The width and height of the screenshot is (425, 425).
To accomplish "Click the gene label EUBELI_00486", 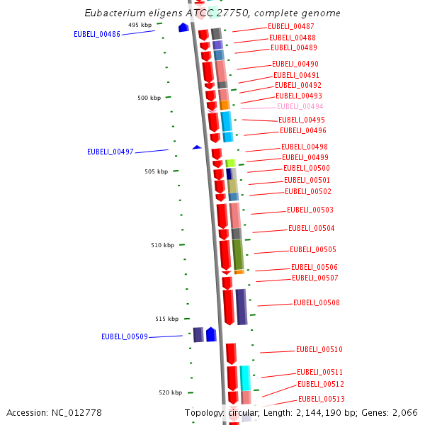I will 97,34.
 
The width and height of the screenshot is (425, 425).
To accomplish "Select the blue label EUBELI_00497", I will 110,152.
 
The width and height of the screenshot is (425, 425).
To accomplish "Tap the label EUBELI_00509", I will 124,336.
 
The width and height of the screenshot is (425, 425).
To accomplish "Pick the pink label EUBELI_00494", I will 300,107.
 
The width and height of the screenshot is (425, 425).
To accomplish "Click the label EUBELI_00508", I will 317,302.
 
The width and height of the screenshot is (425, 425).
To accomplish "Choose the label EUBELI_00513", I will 321,399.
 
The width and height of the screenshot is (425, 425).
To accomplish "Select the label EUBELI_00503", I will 310,210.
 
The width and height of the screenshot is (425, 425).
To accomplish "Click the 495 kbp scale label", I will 140,25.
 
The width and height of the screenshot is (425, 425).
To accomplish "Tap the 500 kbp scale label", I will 149,98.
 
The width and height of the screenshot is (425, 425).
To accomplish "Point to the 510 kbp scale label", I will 162,245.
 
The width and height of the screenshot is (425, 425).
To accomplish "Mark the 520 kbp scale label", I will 170,392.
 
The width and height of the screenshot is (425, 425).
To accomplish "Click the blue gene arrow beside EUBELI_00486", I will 183,28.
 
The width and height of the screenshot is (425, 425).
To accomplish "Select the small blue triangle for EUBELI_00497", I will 197,147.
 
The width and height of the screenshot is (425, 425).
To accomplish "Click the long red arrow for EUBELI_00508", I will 228,307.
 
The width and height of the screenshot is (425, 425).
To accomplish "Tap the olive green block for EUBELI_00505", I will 238,254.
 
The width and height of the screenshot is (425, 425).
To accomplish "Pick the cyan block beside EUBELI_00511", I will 245,378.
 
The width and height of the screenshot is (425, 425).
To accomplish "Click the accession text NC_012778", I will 55,412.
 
